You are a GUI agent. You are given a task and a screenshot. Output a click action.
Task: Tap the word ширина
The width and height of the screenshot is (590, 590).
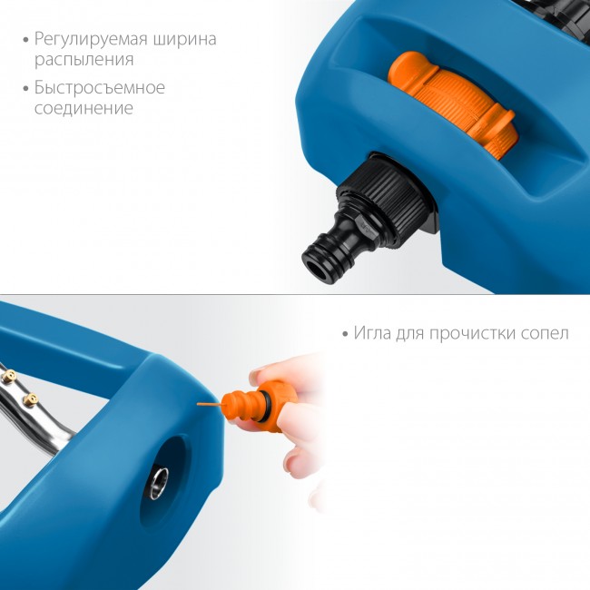coord(186,40)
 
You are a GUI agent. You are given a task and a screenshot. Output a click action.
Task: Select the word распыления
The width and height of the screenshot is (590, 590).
coord(84,61)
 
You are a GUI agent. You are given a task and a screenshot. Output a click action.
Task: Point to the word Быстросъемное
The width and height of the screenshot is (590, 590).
coord(99,88)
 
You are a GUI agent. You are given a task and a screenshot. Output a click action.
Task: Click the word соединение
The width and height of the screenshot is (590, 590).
coord(84,109)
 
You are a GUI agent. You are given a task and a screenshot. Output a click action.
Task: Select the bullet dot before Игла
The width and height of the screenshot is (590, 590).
coord(346,334)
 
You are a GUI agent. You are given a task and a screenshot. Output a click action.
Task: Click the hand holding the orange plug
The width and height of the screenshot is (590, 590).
coord(290,427)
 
